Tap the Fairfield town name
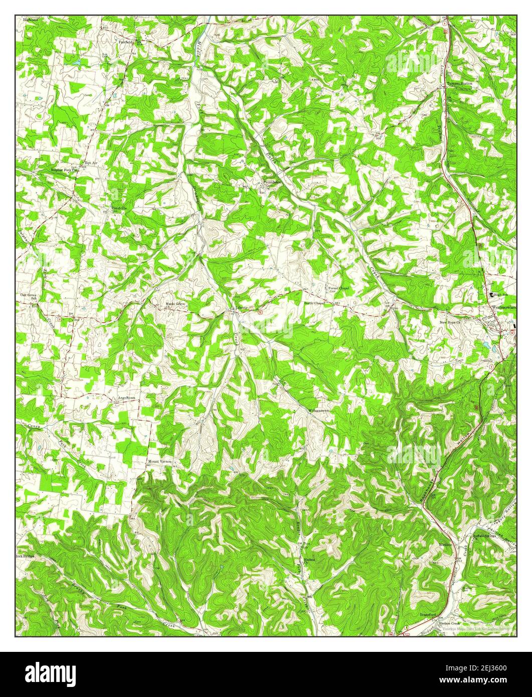(126, 42)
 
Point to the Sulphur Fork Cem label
(66, 170)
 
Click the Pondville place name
(119, 207)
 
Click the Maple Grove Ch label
(175, 305)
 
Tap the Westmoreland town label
(504, 306)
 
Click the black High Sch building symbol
(492, 295)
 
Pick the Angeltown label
(126, 398)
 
